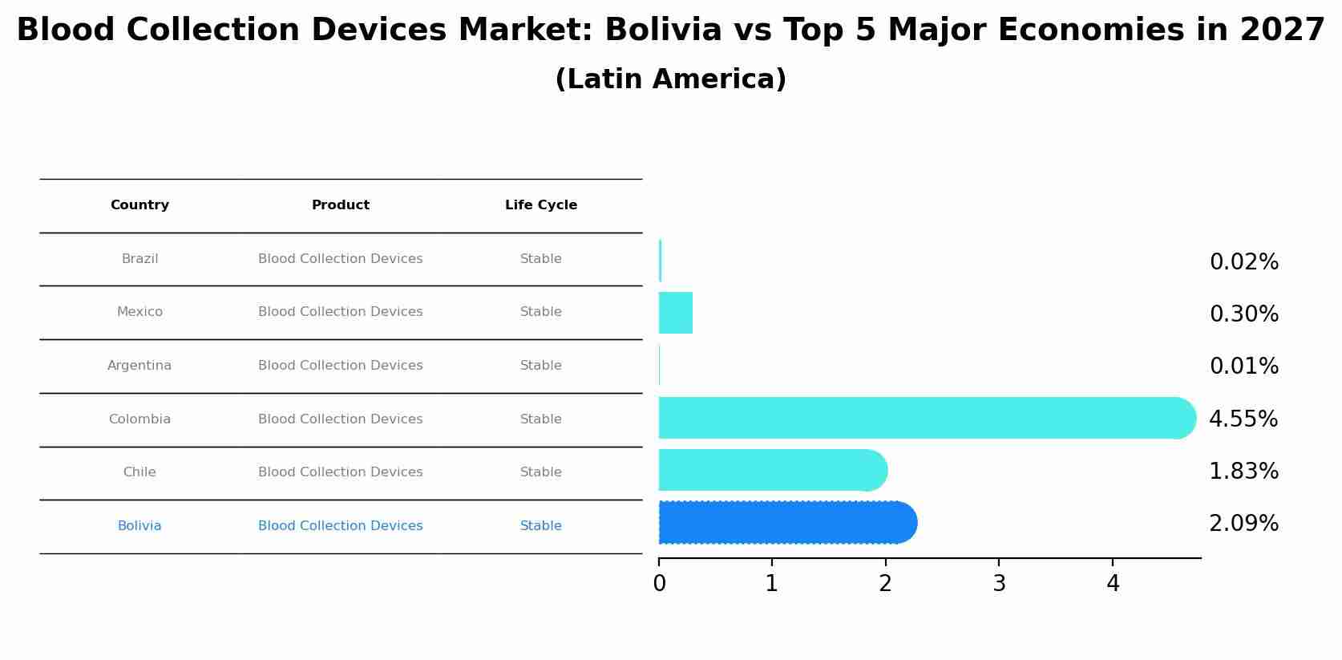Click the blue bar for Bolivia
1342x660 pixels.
[786, 523]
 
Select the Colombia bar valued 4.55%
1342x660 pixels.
[922, 418]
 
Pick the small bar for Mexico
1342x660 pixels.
[675, 313]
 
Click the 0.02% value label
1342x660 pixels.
[1243, 262]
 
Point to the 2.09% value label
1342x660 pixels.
[1243, 524]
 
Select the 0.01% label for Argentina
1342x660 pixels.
[1243, 366]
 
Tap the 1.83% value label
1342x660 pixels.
[1243, 472]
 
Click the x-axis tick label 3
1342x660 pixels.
[999, 584]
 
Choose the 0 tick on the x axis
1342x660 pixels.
[659, 584]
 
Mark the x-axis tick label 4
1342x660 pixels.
[1113, 584]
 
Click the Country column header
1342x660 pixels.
[139, 205]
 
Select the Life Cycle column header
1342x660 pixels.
[541, 205]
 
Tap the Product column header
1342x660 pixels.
[341, 205]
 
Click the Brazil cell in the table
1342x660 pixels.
[139, 259]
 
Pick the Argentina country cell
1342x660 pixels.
[139, 366]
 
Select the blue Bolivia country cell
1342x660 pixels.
[139, 526]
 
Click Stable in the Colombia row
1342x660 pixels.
[541, 419]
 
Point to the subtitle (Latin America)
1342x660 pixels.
[670, 79]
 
